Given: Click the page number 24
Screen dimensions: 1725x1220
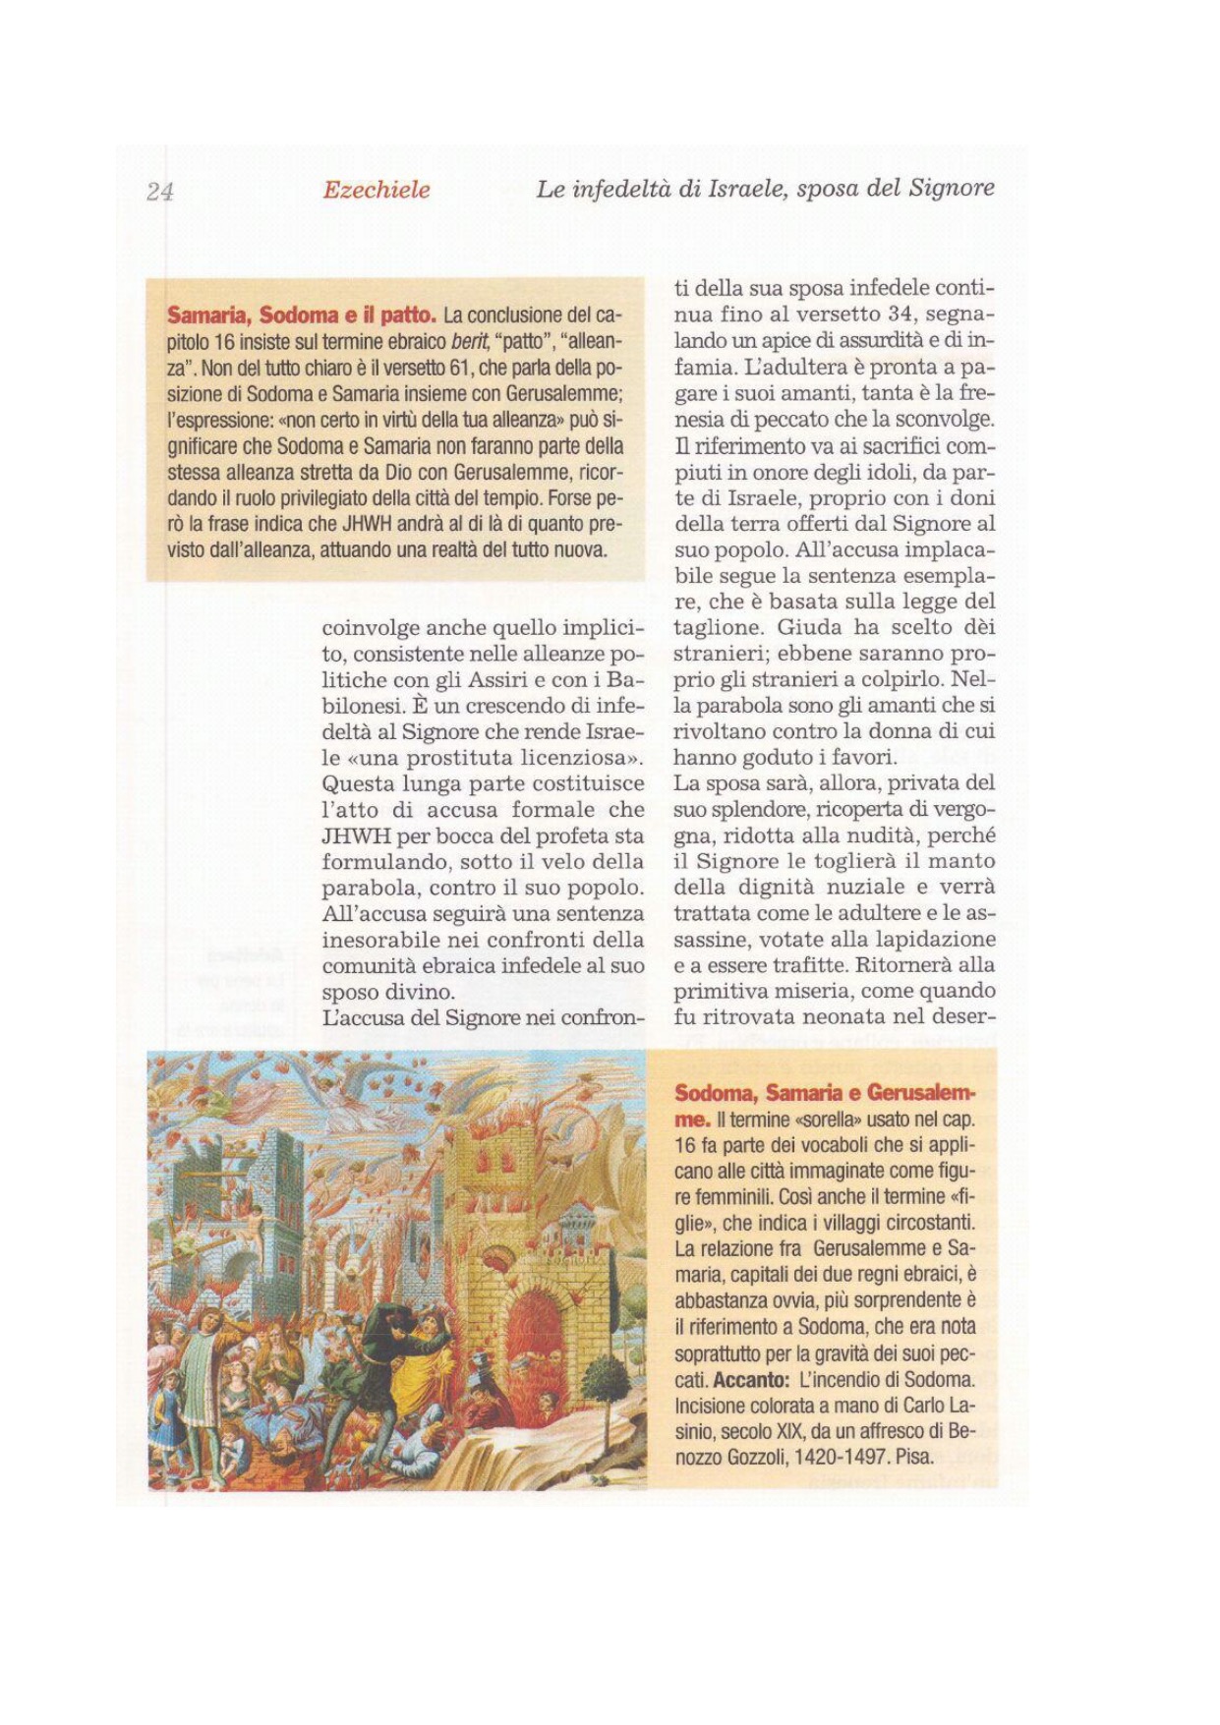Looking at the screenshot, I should point(159,192).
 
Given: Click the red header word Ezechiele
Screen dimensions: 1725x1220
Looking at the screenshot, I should point(377,190).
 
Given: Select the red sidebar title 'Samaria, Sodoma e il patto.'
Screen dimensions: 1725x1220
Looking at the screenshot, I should point(302,316).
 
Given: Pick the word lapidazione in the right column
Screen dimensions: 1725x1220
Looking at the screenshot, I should point(941,940).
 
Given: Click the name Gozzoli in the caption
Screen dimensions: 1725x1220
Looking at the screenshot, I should point(755,1457).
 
